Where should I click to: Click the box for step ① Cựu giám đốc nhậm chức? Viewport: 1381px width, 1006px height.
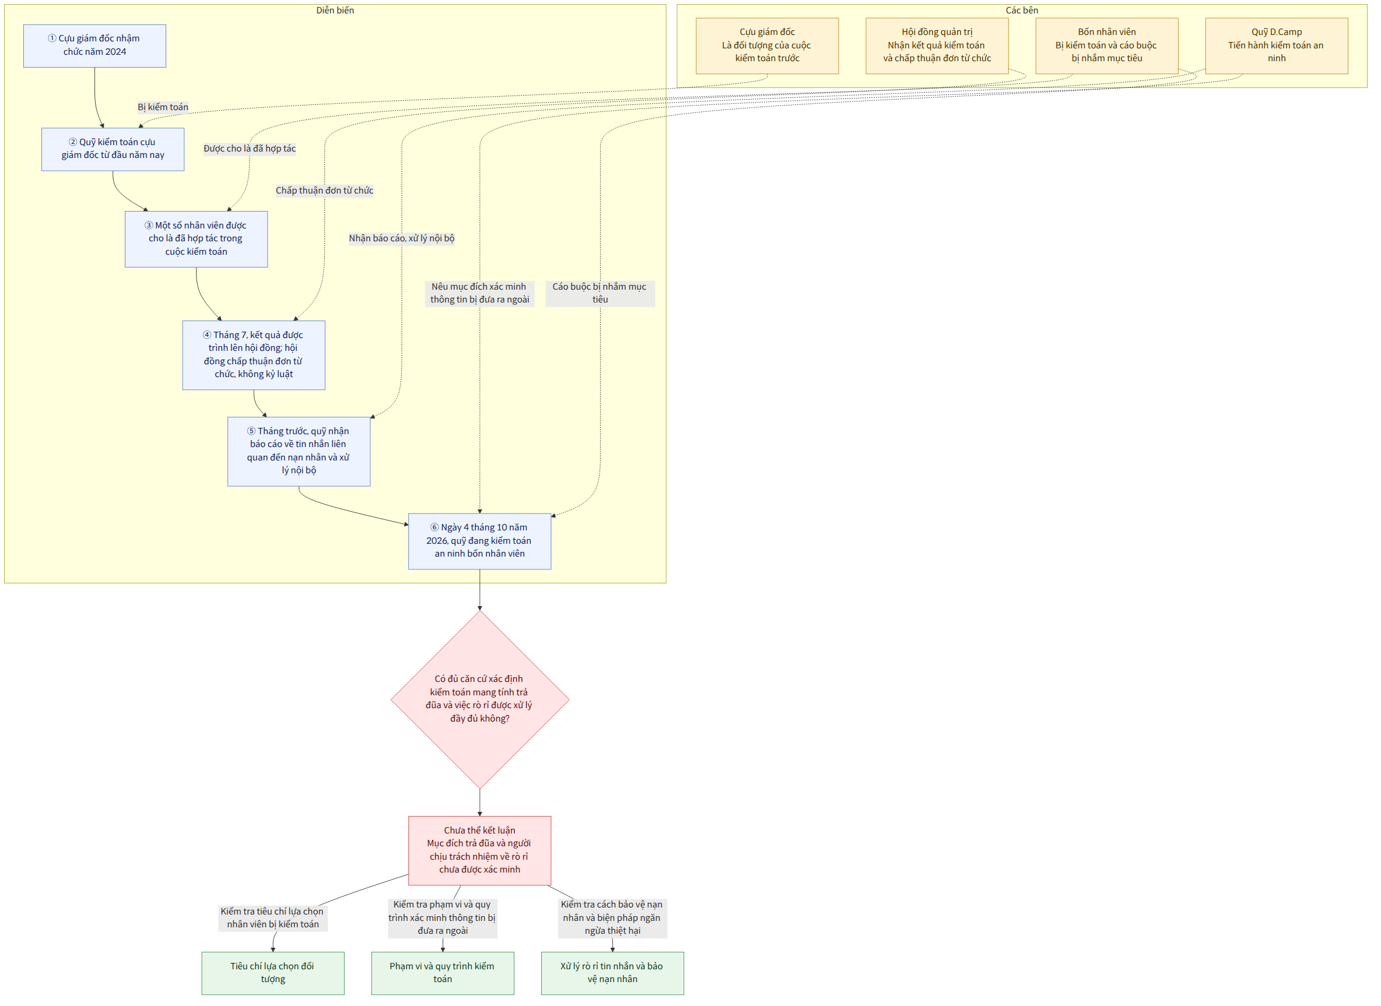click(94, 45)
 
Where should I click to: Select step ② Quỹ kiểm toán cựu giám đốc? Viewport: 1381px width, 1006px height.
click(113, 149)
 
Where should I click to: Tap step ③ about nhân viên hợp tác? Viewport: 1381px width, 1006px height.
click(196, 239)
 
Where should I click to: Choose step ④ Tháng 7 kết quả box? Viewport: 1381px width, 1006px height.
click(254, 355)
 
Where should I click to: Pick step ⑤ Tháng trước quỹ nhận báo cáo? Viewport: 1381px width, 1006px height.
click(299, 451)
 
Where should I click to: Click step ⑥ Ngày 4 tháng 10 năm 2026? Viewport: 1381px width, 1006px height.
click(479, 541)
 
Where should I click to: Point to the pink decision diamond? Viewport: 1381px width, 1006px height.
click(480, 699)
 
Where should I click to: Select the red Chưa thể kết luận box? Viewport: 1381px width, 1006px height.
click(479, 850)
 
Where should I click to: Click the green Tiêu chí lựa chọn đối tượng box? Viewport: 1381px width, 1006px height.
click(273, 973)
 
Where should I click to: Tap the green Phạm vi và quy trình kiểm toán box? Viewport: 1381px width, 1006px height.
click(442, 973)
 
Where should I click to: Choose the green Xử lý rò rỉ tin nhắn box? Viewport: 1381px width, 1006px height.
click(612, 973)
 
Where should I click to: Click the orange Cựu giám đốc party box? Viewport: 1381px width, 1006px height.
click(767, 45)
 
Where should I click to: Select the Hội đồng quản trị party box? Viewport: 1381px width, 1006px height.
click(937, 45)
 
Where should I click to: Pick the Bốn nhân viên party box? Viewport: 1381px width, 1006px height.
click(1107, 45)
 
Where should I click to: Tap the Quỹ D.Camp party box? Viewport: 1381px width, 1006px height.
click(1277, 45)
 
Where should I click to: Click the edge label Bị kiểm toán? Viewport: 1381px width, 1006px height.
click(163, 107)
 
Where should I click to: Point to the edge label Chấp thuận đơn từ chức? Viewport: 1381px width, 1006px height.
click(325, 191)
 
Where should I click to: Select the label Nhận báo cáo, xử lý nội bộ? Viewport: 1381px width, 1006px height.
click(401, 238)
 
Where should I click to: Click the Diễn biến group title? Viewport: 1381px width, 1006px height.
click(335, 10)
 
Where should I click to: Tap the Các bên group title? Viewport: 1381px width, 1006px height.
click(1022, 10)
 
